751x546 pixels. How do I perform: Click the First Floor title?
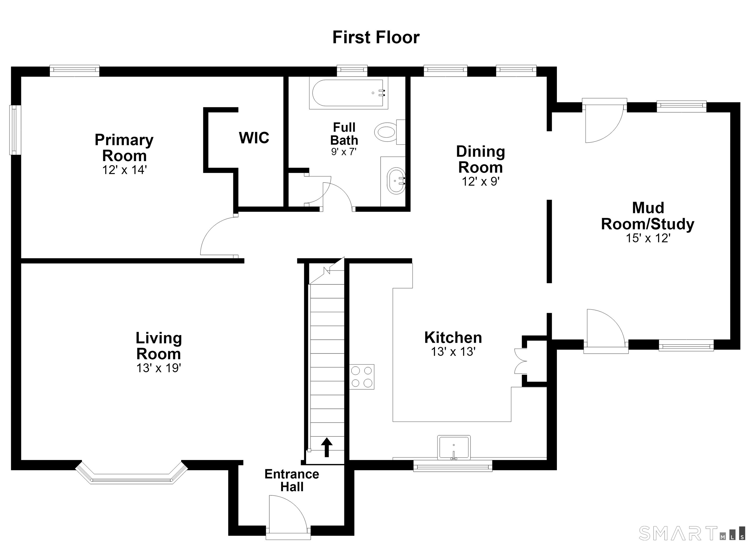376,37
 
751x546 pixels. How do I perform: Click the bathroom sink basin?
396,181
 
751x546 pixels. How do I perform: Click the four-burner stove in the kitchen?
362,376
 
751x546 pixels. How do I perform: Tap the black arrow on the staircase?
327,447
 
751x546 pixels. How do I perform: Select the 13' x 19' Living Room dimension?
159,368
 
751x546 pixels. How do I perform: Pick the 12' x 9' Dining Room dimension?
480,181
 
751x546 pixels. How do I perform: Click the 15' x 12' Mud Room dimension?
648,238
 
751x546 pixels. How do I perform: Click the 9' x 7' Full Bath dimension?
344,152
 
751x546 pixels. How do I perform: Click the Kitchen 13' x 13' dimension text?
453,352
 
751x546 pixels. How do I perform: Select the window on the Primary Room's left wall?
15,130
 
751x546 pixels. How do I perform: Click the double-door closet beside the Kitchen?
530,361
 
